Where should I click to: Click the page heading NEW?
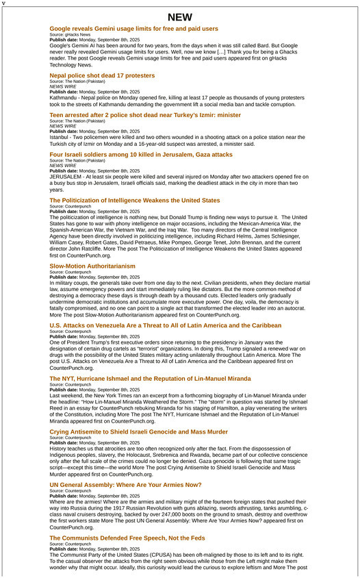click(179, 17)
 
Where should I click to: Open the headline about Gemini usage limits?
click(133, 29)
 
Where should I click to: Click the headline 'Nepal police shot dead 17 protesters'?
click(102, 75)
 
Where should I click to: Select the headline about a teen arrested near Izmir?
click(145, 115)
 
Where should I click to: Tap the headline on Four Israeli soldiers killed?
click(141, 155)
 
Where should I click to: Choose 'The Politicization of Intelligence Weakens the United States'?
click(135, 201)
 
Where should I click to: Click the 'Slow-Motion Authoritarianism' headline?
click(92, 266)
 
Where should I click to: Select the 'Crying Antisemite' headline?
click(138, 432)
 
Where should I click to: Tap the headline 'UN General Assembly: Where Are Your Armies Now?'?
click(125, 485)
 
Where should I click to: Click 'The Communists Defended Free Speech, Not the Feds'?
click(127, 538)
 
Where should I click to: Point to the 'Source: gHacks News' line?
click(70, 34)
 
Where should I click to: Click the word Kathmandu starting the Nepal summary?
click(64, 97)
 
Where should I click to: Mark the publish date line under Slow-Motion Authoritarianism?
click(94, 277)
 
